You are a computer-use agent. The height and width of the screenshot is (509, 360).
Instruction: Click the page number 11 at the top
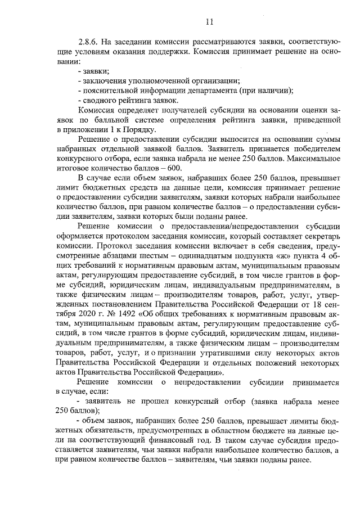click(x=209, y=22)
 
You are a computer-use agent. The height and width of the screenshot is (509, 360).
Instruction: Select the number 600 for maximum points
click(x=174, y=169)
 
